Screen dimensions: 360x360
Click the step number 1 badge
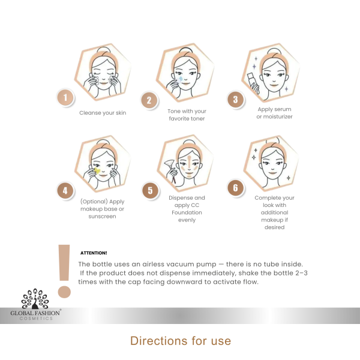tap(65, 97)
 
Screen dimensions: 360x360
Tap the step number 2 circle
tap(149, 100)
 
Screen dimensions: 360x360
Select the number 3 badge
tap(236, 100)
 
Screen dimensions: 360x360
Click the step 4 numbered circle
tap(65, 191)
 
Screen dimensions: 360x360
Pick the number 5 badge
tap(150, 190)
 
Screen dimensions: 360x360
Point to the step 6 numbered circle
tap(236, 188)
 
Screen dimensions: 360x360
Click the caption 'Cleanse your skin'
tap(103, 113)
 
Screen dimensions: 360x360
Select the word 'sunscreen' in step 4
tap(102, 216)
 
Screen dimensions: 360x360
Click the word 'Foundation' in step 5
tap(187, 212)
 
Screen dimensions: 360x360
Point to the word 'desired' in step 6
tap(274, 227)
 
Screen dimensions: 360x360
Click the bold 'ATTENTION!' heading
tap(94, 253)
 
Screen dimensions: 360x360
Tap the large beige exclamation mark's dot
tap(64, 292)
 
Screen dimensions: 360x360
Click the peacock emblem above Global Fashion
tap(35, 298)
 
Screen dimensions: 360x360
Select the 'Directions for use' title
tap(181, 341)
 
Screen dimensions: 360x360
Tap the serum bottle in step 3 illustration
tap(253, 83)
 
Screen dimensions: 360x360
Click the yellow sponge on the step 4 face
tap(97, 170)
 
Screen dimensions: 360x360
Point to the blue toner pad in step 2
tap(181, 79)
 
